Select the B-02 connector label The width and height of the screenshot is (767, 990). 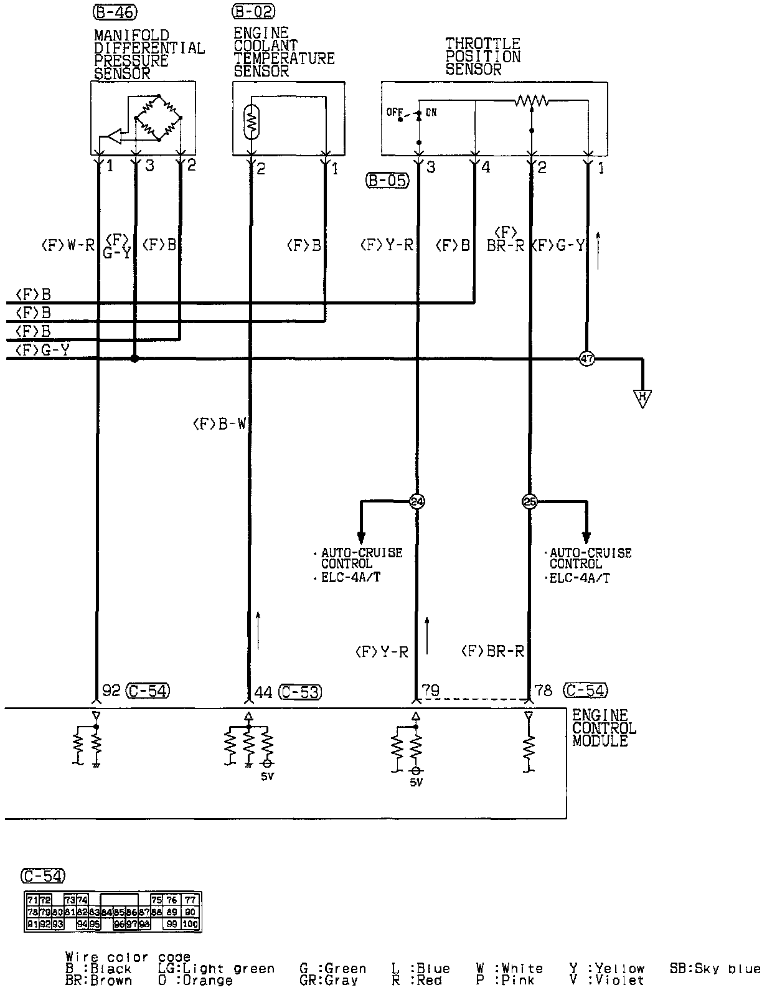[253, 11]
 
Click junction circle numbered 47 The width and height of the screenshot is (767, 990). [586, 358]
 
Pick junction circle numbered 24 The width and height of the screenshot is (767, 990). [416, 502]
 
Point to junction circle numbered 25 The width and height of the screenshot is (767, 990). [530, 502]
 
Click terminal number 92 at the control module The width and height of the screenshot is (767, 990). [111, 691]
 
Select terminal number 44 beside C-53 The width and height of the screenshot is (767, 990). [264, 692]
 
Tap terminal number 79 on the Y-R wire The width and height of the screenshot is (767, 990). [431, 691]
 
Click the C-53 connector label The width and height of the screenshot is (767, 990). [301, 692]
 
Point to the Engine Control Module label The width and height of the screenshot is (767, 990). [604, 728]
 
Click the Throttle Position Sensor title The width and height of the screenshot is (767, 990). [483, 57]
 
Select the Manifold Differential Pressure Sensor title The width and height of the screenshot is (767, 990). [149, 54]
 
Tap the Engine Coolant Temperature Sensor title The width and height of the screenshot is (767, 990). [284, 52]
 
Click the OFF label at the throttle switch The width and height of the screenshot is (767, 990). [395, 113]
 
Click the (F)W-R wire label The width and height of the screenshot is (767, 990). [67, 245]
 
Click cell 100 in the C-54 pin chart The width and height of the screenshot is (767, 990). [190, 924]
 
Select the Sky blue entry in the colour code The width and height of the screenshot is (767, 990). [715, 969]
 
